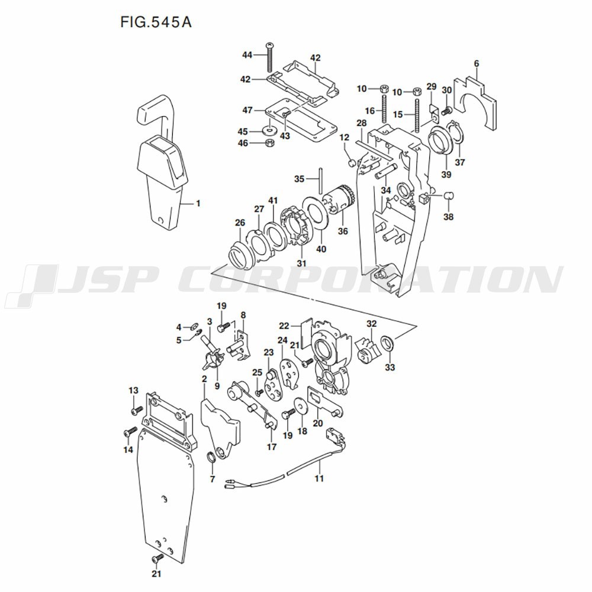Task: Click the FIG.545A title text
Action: (x=156, y=22)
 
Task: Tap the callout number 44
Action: (x=247, y=55)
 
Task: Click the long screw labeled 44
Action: (x=269, y=57)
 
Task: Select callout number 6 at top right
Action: (x=477, y=64)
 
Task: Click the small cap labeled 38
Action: (x=448, y=196)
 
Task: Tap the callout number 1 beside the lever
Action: (x=198, y=204)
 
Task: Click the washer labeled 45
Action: (x=269, y=131)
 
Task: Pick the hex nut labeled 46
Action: (x=269, y=143)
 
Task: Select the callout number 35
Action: (x=299, y=179)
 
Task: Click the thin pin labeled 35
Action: (x=320, y=180)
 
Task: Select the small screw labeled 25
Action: (x=259, y=392)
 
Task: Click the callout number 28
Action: (x=361, y=123)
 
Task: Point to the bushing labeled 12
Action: (x=352, y=163)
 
